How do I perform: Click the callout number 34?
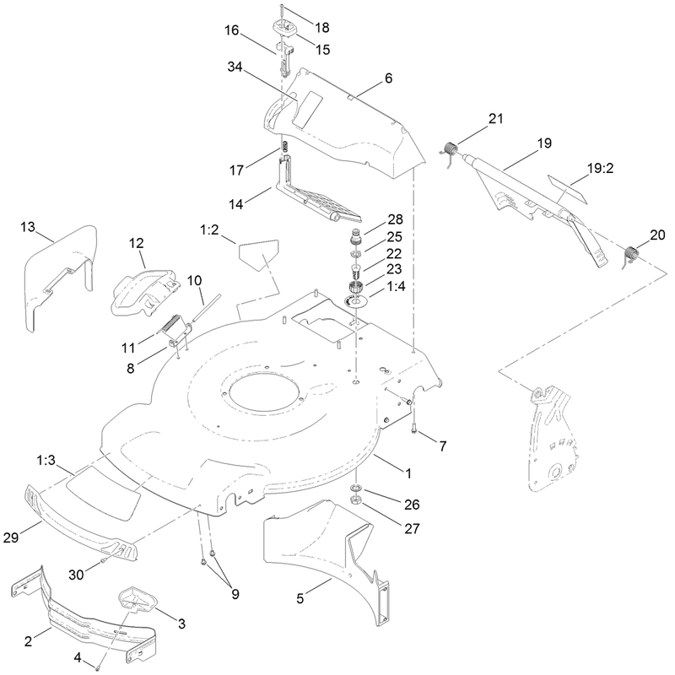click(x=235, y=67)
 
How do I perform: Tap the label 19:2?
click(x=600, y=168)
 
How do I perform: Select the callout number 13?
click(x=28, y=227)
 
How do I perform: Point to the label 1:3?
click(x=46, y=460)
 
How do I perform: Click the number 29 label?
click(x=11, y=537)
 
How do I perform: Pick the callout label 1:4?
click(x=396, y=286)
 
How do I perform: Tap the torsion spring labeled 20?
click(x=631, y=254)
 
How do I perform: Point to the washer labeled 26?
click(x=356, y=489)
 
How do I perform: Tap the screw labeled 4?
click(x=98, y=667)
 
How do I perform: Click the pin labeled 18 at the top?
click(x=281, y=13)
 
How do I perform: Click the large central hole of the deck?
click(x=262, y=390)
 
